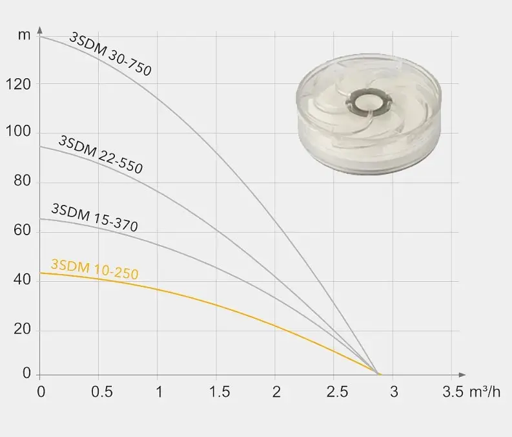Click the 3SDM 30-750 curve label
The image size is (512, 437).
tap(110, 54)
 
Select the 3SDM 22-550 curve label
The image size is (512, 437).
tap(101, 155)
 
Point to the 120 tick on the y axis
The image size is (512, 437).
tap(19, 85)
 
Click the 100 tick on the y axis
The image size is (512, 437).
tap(19, 131)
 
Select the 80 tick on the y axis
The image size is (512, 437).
tap(23, 181)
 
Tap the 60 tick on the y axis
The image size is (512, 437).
tap(23, 230)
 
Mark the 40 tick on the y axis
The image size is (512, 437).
tap(23, 280)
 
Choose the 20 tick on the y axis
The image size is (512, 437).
tap(23, 329)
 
